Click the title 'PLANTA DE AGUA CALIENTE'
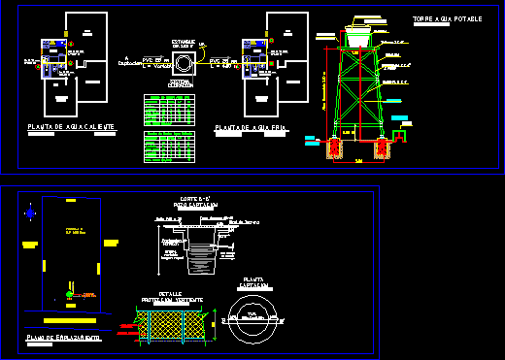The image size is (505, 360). (72, 127)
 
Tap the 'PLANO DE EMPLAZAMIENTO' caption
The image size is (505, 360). (63, 337)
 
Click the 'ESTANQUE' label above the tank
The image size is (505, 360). (183, 41)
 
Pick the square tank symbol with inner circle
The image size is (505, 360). (183, 64)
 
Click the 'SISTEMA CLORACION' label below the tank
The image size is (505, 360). (183, 85)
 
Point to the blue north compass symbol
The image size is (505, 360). (33, 213)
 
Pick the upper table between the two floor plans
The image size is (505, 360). (170, 111)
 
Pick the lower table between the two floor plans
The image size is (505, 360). (170, 147)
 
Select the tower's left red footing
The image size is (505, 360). (335, 148)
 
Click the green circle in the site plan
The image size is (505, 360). (68, 293)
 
